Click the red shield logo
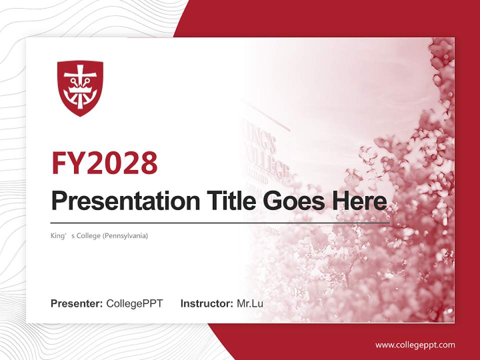80,88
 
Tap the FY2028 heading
104,163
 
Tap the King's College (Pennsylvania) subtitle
99,235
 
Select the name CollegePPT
134,303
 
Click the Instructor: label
206,303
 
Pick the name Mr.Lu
249,303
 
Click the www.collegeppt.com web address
415,345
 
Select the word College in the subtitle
88,235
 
